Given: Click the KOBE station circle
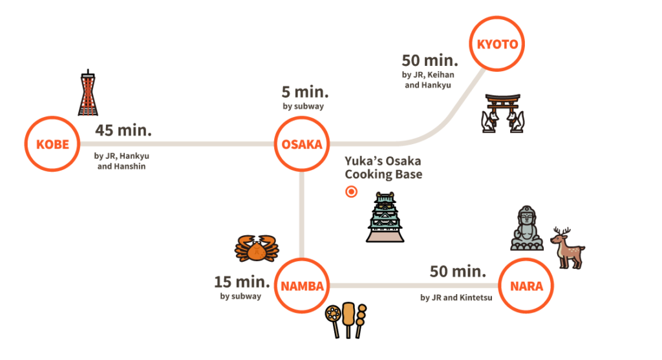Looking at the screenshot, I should (52, 143).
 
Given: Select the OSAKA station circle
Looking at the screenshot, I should (301, 143).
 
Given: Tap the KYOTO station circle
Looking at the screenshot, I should (496, 44).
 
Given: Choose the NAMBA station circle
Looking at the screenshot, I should (301, 286).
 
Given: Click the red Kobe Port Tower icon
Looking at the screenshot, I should (89, 94).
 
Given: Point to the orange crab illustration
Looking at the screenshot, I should (257, 248).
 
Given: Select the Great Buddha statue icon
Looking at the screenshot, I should (528, 229).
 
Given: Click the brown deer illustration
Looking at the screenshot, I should (568, 248).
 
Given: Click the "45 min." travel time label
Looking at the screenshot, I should (123, 130).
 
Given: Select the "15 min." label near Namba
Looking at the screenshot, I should (242, 282).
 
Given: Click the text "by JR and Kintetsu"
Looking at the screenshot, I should (456, 298).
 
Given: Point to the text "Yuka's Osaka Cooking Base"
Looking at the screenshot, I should (383, 167).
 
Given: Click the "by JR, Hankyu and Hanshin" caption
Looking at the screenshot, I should (126, 161).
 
